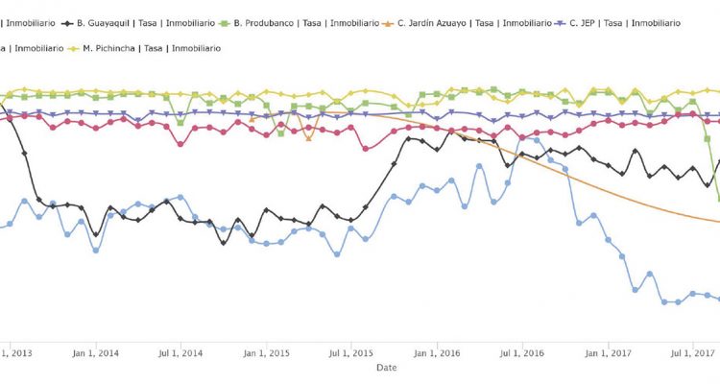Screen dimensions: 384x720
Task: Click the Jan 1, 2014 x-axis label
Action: click(x=96, y=353)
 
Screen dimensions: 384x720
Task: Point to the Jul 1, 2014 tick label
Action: click(x=181, y=353)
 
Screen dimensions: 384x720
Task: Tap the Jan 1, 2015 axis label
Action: click(x=266, y=353)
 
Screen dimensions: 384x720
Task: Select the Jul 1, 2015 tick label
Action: click(x=350, y=353)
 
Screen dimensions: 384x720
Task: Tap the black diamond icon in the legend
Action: click(x=67, y=21)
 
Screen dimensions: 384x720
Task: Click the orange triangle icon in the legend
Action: click(x=387, y=21)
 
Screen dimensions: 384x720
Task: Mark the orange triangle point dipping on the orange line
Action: click(x=308, y=138)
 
